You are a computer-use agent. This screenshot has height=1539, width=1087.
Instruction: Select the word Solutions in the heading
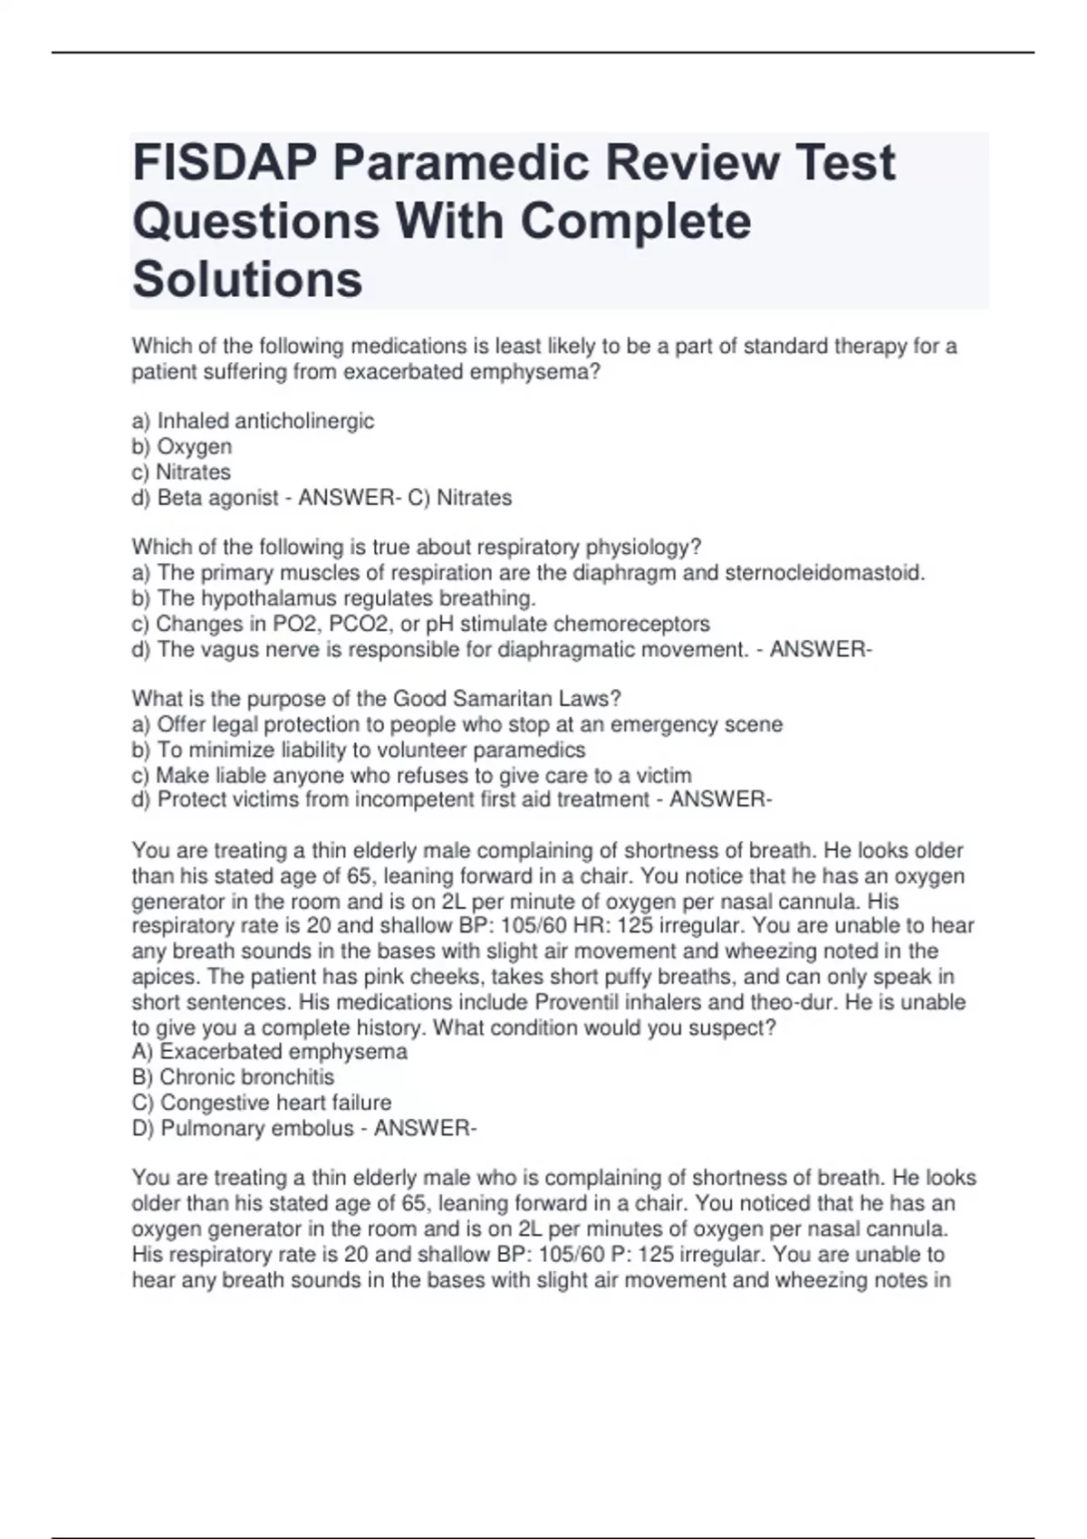pos(247,279)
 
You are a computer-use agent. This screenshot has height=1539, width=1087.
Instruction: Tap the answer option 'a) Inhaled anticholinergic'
pos(253,421)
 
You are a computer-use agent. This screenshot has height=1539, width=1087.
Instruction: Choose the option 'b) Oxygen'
pos(182,446)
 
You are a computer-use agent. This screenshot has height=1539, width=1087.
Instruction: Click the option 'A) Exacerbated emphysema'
pos(270,1052)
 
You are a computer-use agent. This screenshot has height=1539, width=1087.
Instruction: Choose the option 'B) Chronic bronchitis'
pos(234,1077)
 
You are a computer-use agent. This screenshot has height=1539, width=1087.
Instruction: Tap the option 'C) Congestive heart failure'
pos(262,1103)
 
